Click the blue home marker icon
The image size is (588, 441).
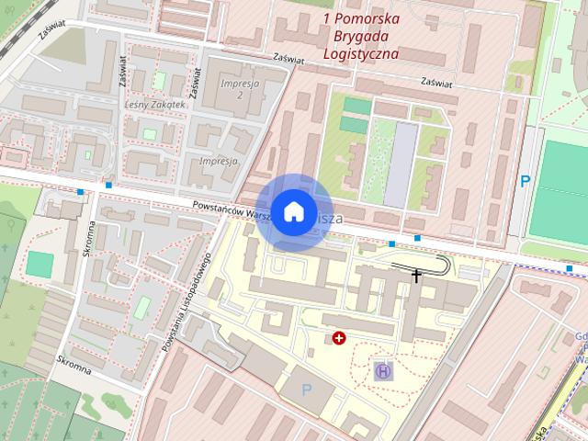click(293, 211)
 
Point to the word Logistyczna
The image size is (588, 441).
click(361, 53)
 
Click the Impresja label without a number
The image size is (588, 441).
click(218, 160)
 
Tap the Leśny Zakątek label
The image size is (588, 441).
click(154, 105)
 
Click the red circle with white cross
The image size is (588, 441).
click(340, 338)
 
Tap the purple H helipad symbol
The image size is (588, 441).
click(381, 371)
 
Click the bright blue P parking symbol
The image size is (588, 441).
click(526, 182)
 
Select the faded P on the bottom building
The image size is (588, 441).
click(307, 390)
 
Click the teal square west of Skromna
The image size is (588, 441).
click(40, 264)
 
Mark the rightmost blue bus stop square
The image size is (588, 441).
click(570, 267)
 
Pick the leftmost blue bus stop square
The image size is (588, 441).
click(81, 192)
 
